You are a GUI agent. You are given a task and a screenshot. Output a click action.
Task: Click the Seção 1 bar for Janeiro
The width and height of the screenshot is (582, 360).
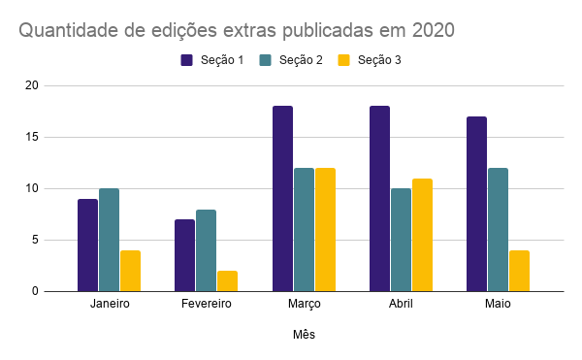point(87,245)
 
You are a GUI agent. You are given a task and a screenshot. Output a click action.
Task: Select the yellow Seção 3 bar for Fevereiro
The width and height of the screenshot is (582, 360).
point(227,280)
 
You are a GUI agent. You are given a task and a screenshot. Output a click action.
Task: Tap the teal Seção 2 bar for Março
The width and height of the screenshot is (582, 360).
point(304,229)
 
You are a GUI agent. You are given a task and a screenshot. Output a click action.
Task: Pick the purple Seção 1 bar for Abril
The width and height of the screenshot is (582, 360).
point(379,198)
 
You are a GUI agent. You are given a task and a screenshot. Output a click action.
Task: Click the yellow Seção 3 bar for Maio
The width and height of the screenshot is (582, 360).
point(519,271)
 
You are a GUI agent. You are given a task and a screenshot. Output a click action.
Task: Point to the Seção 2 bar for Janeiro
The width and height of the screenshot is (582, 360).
point(109,240)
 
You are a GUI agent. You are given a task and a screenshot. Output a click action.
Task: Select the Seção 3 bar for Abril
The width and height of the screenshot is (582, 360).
point(422,235)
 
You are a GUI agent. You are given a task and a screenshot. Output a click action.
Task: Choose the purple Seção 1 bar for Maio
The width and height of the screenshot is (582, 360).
point(476,204)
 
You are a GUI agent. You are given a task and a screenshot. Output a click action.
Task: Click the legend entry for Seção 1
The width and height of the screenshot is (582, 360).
point(215,60)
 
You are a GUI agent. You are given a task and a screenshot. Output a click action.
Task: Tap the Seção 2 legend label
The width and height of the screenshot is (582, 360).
point(300,60)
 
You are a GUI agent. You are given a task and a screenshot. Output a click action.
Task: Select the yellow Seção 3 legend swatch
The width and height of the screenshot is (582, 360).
point(343,60)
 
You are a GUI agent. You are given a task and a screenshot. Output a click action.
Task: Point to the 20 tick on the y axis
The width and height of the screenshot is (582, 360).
point(32,85)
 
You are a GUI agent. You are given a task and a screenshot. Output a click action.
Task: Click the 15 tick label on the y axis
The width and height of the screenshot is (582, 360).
point(32,137)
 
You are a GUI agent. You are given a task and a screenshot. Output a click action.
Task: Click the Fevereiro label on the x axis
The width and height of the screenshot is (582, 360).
point(206,304)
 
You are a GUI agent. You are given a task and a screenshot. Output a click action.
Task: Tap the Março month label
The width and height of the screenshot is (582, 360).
point(304,304)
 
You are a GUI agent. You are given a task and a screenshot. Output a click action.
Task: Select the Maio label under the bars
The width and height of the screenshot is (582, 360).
point(498,304)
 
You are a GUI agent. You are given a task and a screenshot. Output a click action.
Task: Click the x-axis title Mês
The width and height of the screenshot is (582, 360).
point(304,335)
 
